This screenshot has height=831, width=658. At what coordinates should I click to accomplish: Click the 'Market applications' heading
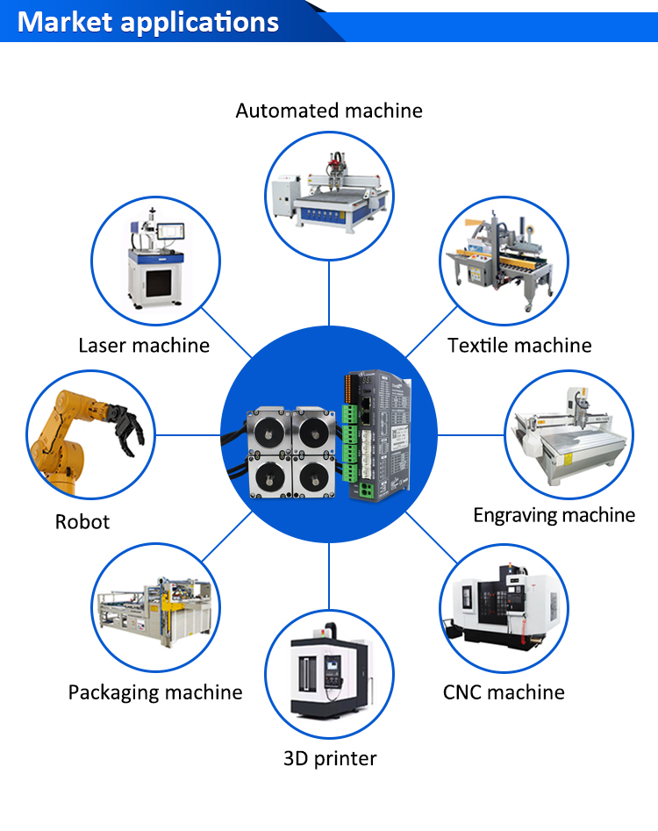(x=147, y=22)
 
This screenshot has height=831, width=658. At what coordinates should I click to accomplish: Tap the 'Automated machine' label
(x=329, y=111)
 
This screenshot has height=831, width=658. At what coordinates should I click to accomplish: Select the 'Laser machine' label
(x=144, y=346)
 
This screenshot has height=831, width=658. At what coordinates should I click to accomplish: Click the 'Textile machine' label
(x=519, y=346)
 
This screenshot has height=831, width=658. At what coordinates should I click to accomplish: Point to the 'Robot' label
(x=82, y=522)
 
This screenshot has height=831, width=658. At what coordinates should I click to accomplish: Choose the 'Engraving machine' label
(x=554, y=515)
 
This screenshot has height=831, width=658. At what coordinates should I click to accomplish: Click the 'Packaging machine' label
(x=155, y=692)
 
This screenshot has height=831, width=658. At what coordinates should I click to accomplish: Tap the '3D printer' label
(x=330, y=758)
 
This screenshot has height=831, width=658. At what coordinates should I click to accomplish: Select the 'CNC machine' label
(x=504, y=692)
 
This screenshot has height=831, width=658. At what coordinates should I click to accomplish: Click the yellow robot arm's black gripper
(x=125, y=427)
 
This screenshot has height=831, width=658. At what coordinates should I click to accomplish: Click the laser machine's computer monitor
(x=170, y=232)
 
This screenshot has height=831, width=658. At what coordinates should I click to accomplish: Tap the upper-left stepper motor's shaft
(x=268, y=432)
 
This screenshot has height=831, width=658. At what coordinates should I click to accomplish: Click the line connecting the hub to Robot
(x=188, y=435)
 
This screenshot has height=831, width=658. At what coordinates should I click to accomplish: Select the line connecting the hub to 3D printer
(x=329, y=576)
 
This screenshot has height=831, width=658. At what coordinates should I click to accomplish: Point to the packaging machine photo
(x=155, y=611)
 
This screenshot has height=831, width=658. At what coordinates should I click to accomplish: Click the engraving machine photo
(x=569, y=435)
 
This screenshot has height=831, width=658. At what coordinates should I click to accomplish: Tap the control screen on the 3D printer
(x=333, y=665)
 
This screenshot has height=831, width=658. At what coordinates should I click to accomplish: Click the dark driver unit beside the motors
(x=377, y=435)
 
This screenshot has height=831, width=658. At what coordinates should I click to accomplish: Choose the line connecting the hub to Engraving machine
(x=471, y=435)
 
